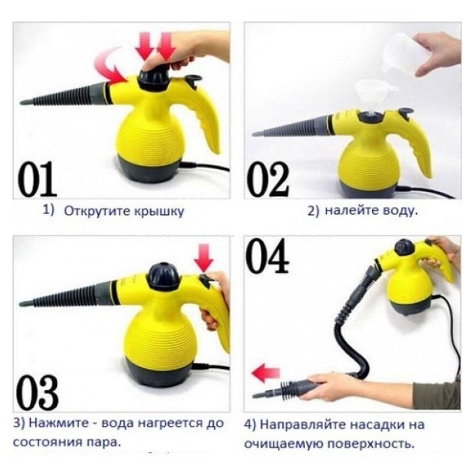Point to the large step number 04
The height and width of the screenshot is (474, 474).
(268, 257)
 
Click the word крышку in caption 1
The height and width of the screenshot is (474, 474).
(160, 211)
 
